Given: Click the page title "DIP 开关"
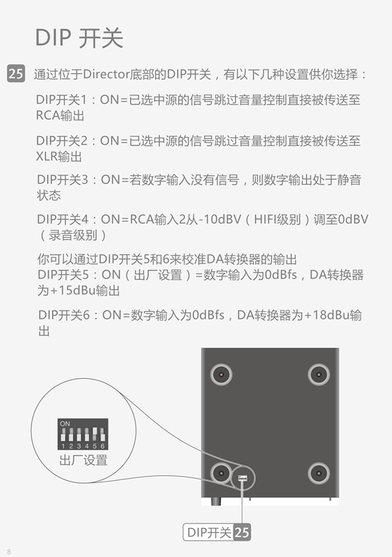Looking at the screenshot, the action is [79, 38].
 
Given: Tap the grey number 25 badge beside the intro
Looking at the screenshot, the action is [16, 73].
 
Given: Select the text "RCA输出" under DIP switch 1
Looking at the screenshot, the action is [60, 115].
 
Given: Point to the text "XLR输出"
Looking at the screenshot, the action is [59, 156].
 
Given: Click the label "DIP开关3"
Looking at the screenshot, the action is [63, 179].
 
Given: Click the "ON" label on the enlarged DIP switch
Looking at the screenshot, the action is [65, 424].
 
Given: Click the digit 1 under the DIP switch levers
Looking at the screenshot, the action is [63, 446].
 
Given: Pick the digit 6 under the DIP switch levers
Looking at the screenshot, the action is [103, 446].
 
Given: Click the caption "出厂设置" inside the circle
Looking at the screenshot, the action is [83, 460].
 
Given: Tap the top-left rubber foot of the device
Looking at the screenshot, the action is [221, 375].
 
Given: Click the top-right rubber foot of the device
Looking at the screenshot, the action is [319, 375].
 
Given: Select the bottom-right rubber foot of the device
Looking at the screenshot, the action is [319, 474].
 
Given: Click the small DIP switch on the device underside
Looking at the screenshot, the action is [243, 478].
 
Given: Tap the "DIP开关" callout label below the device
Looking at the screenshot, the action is [209, 533].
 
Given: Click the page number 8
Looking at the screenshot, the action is [9, 551].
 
